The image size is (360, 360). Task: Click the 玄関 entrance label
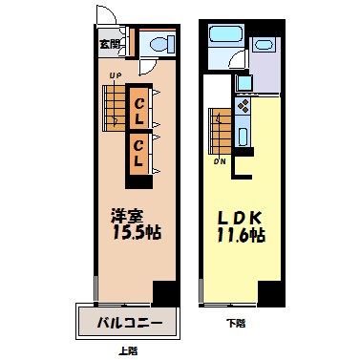(x=109, y=43)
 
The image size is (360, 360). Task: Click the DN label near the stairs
(x=220, y=160)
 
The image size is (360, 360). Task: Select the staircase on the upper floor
(x=114, y=105)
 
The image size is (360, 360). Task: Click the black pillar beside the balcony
(x=165, y=294)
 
